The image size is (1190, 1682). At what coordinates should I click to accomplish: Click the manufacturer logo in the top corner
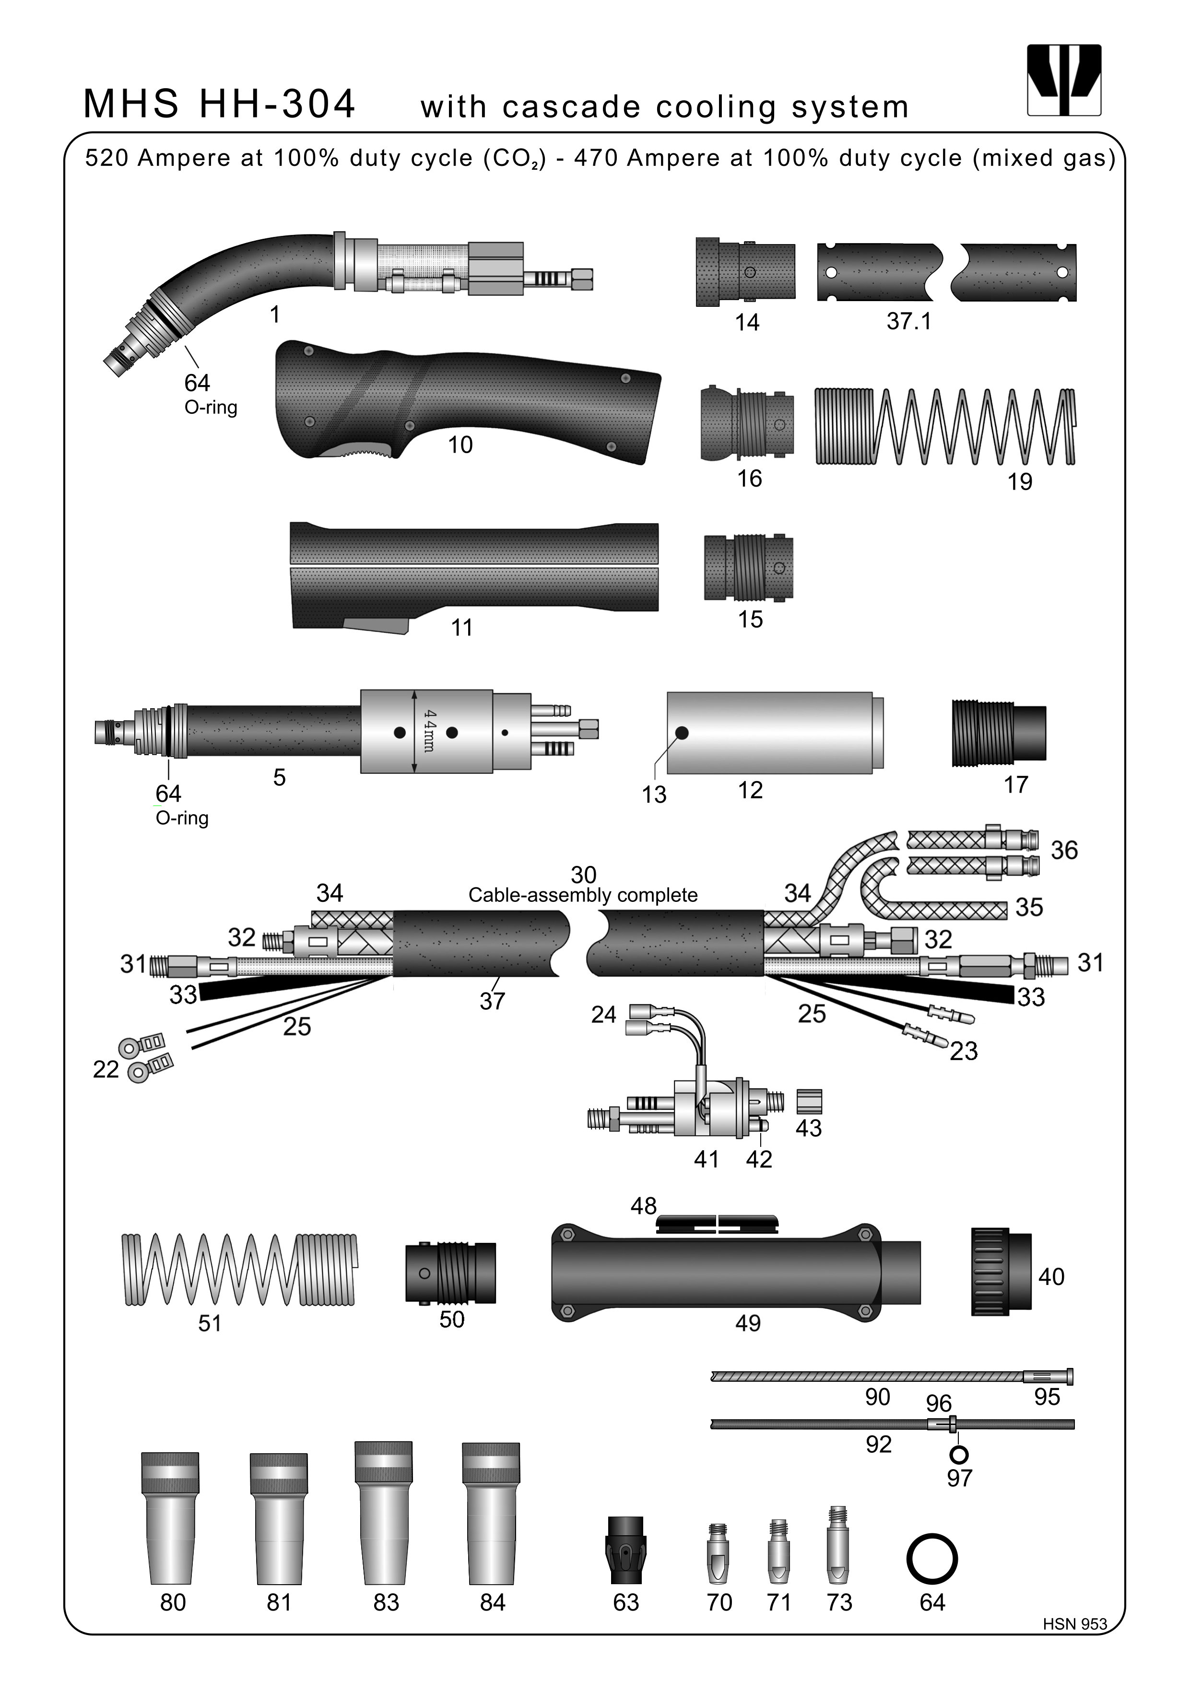1064,80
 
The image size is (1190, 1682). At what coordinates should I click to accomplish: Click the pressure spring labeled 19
945,426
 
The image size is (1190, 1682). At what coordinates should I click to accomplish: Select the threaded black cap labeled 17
998,733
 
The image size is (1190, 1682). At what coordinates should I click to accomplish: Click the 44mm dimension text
429,730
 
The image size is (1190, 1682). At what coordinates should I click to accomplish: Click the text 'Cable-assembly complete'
583,895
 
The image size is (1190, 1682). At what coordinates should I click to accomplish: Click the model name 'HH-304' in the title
277,104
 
